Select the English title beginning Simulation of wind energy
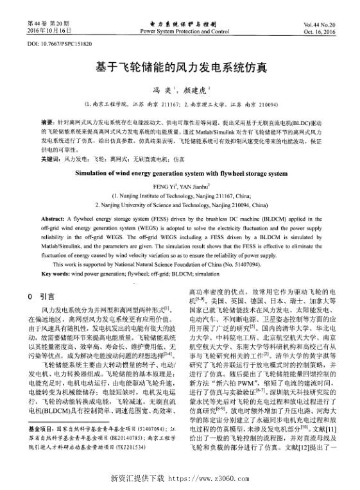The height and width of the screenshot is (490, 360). click(182, 173)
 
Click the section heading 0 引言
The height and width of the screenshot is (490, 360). click(42, 296)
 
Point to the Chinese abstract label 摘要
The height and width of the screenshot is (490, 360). click(47, 121)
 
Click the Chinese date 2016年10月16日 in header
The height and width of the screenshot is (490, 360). click(51, 31)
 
